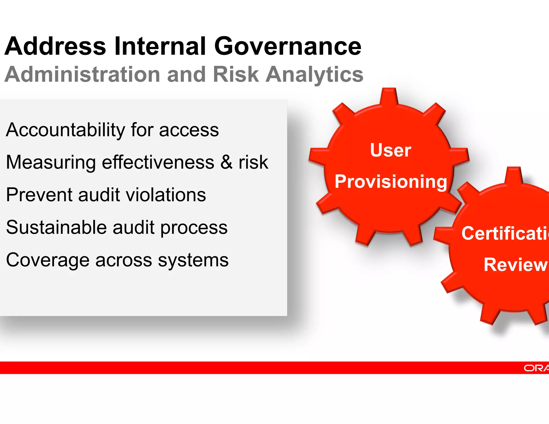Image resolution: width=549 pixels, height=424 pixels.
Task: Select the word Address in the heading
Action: (55, 46)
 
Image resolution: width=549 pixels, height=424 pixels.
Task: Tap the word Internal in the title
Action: (160, 46)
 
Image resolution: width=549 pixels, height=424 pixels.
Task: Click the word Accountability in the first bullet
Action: (65, 130)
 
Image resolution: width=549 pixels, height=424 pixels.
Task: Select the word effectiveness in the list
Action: (158, 162)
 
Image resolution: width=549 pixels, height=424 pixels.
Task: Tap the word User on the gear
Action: (390, 150)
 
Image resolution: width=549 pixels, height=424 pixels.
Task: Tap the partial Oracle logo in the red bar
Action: (536, 368)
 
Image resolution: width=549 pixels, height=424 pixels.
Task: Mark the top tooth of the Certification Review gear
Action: (514, 175)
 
